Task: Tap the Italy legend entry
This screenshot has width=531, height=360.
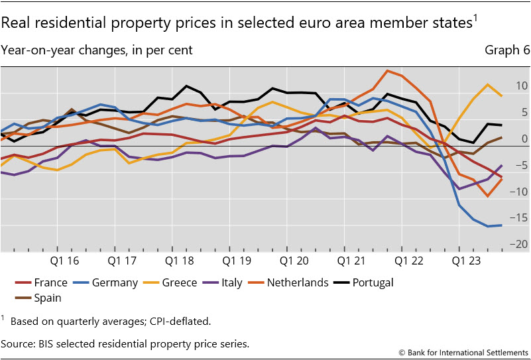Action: [x=231, y=282]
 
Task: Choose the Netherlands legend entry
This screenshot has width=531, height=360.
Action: [x=297, y=282]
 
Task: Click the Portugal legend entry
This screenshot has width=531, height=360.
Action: [x=373, y=282]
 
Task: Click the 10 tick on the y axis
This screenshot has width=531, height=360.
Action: [x=521, y=86]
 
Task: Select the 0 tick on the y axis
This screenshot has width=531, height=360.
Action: [x=524, y=139]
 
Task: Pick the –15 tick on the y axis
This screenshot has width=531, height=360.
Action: [x=519, y=218]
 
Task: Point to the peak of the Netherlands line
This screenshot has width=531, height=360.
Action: [x=388, y=70]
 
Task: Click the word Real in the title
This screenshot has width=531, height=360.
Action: [x=15, y=23]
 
